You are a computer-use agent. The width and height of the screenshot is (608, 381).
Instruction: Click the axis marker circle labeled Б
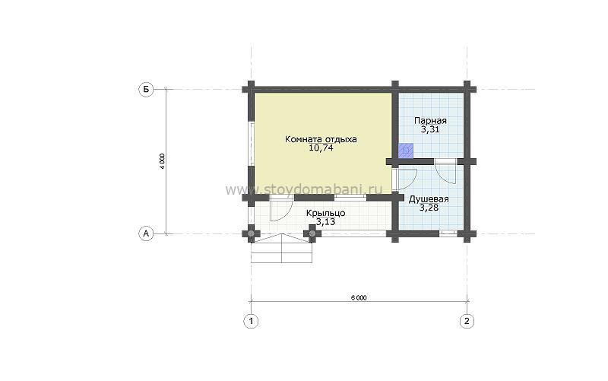point(146,90)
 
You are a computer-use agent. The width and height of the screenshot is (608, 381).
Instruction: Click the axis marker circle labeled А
point(146,233)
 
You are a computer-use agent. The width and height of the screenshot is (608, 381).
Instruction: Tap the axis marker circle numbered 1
point(251,321)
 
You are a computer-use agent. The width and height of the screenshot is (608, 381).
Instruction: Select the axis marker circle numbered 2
point(467,321)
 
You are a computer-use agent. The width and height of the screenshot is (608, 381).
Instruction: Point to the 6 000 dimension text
point(359,298)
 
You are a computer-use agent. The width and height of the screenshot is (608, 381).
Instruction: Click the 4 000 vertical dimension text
point(162,161)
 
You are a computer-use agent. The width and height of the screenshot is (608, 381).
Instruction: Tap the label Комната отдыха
point(321,139)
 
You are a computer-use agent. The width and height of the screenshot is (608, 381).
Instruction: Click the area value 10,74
point(321,148)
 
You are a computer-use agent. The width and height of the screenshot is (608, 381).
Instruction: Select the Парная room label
point(430,121)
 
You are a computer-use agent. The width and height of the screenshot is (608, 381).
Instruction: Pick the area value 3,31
point(430,129)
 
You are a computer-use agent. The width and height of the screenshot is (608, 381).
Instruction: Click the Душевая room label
point(429,199)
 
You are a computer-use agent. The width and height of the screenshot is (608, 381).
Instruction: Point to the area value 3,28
point(429,208)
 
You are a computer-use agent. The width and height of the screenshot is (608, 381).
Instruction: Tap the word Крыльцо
point(326,213)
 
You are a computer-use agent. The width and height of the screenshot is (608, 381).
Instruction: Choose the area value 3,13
point(326,222)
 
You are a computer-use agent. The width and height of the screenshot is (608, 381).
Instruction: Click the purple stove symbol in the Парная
point(406,151)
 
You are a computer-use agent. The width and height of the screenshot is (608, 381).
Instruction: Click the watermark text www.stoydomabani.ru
point(303,189)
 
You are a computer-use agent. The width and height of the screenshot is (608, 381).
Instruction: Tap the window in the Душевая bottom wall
point(448,233)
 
